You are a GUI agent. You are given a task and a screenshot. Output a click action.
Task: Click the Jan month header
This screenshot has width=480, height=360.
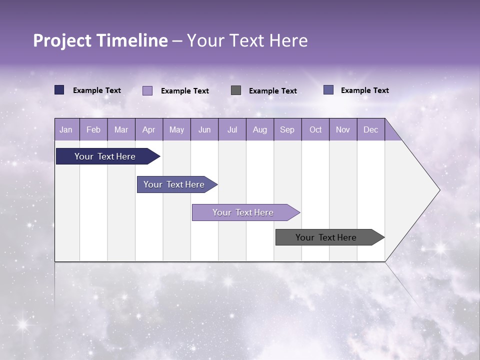point(66,129)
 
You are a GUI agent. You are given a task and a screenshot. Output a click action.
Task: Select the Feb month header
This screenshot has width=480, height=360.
point(93,129)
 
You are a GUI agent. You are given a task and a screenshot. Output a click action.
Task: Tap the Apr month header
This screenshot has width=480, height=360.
point(148,129)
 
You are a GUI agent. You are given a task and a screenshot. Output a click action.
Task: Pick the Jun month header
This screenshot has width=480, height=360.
point(204,129)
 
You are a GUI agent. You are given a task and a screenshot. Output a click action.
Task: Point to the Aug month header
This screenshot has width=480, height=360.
point(259,129)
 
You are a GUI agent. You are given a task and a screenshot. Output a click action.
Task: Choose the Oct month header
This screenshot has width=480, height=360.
point(315,129)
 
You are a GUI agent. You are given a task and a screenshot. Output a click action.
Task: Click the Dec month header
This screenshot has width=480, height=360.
point(370,129)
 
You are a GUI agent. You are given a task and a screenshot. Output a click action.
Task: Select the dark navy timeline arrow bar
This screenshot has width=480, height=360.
point(105,156)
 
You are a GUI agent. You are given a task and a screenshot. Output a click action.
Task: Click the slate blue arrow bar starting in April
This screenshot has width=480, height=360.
point(174,184)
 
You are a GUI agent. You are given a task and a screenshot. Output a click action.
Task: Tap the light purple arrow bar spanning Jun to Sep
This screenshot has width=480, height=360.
point(243,212)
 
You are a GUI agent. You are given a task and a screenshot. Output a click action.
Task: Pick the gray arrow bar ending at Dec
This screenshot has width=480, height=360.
point(326,237)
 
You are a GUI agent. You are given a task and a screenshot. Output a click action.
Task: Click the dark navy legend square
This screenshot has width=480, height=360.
point(59,90)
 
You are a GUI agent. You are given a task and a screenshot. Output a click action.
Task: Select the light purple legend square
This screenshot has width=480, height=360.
point(147,90)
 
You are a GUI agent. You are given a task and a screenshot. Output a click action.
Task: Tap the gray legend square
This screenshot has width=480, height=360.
point(236,90)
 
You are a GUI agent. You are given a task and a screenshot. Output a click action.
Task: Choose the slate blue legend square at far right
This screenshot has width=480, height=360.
point(328,90)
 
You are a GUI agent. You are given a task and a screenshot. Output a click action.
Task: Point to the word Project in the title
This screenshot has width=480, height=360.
point(62,40)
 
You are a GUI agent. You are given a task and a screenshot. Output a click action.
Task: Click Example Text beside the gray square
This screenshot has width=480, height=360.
point(273,90)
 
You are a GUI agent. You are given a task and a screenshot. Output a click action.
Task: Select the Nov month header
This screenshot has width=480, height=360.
point(343,129)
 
